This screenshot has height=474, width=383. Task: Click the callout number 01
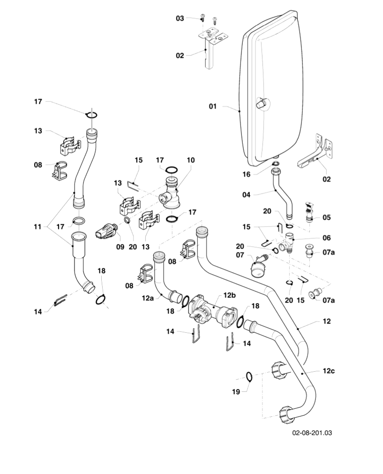click(x=213, y=107)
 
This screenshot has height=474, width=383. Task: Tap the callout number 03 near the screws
click(x=180, y=18)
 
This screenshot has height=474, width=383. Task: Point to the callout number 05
click(x=327, y=217)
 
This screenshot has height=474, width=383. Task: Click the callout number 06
click(x=327, y=238)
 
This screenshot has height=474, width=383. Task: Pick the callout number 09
click(x=120, y=246)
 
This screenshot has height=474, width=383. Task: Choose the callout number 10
click(x=190, y=160)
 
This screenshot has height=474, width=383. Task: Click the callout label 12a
click(x=148, y=298)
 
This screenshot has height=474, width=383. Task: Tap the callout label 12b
click(x=229, y=295)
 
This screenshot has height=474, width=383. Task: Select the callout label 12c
click(x=328, y=371)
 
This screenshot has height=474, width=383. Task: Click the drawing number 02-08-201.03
click(x=313, y=432)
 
